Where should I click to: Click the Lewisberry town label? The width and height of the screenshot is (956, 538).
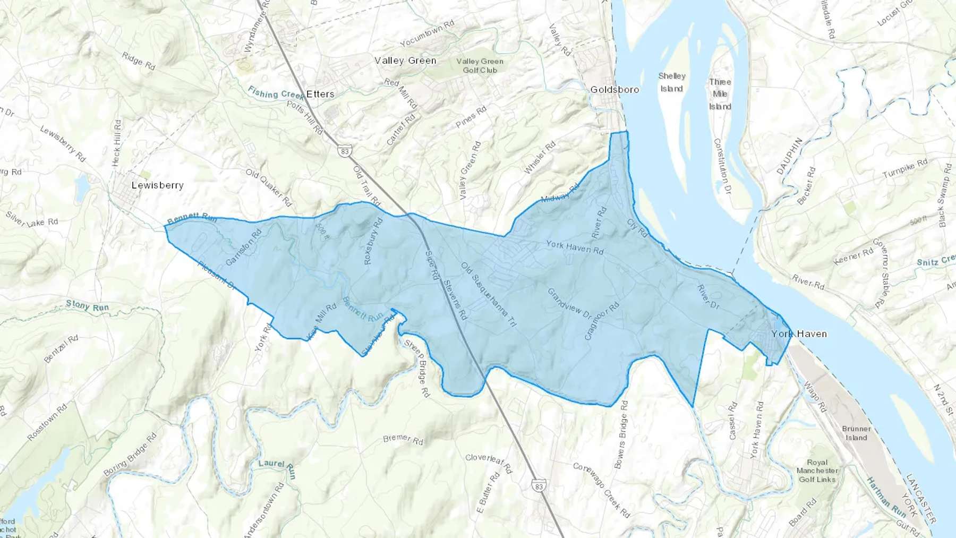click(157, 185)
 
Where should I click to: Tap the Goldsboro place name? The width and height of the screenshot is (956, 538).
click(614, 90)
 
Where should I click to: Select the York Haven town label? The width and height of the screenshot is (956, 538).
click(799, 334)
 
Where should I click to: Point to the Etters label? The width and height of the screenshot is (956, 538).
click(320, 94)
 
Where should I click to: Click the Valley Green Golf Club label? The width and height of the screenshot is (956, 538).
click(480, 65)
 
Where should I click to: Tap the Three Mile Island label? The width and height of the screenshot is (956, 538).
click(720, 94)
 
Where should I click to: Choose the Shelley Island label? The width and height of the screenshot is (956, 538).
click(672, 82)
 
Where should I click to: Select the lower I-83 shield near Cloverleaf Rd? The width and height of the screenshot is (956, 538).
click(539, 485)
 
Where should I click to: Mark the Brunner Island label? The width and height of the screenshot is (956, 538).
click(856, 433)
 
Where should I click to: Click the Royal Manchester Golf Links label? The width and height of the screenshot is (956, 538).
click(817, 471)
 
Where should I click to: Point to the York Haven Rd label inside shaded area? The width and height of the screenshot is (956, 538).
click(575, 247)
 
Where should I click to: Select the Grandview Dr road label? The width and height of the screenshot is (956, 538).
click(569, 304)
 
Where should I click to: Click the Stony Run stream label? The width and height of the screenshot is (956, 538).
click(87, 306)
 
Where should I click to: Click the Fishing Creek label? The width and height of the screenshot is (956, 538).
click(276, 94)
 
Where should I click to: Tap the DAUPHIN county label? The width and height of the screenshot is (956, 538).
click(789, 156)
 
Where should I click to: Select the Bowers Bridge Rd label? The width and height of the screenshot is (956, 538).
click(621, 434)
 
